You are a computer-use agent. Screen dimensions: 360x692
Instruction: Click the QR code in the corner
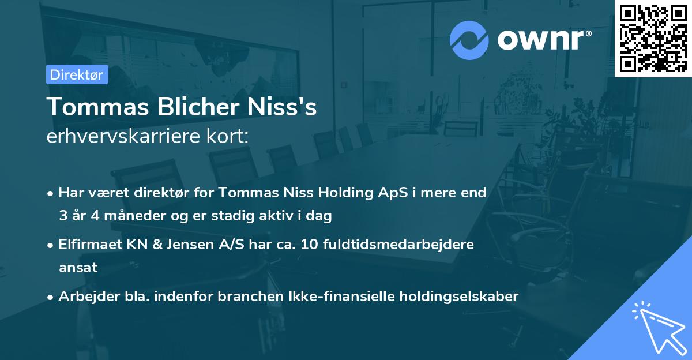(653, 39)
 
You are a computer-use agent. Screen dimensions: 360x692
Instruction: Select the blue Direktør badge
(77, 74)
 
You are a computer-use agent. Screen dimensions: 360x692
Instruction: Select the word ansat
(78, 268)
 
